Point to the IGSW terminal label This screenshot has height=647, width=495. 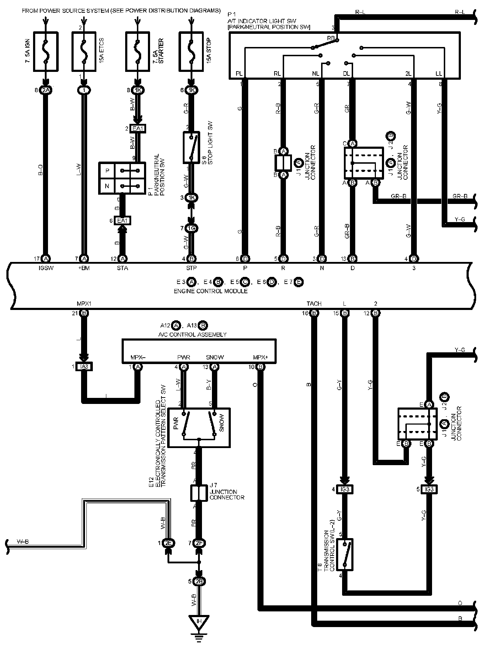(46, 268)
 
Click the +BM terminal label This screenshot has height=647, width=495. (84, 268)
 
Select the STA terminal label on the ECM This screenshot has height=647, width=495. (123, 268)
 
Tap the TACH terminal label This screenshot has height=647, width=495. (314, 304)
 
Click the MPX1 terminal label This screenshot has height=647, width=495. (84, 304)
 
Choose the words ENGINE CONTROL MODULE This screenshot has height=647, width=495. (211, 291)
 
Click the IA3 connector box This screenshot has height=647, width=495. (84, 367)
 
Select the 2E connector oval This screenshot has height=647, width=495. (168, 543)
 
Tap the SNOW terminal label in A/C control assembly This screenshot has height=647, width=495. (215, 357)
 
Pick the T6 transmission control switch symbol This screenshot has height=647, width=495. (345, 554)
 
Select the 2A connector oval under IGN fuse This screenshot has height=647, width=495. (46, 90)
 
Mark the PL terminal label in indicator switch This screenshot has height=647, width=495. (239, 74)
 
